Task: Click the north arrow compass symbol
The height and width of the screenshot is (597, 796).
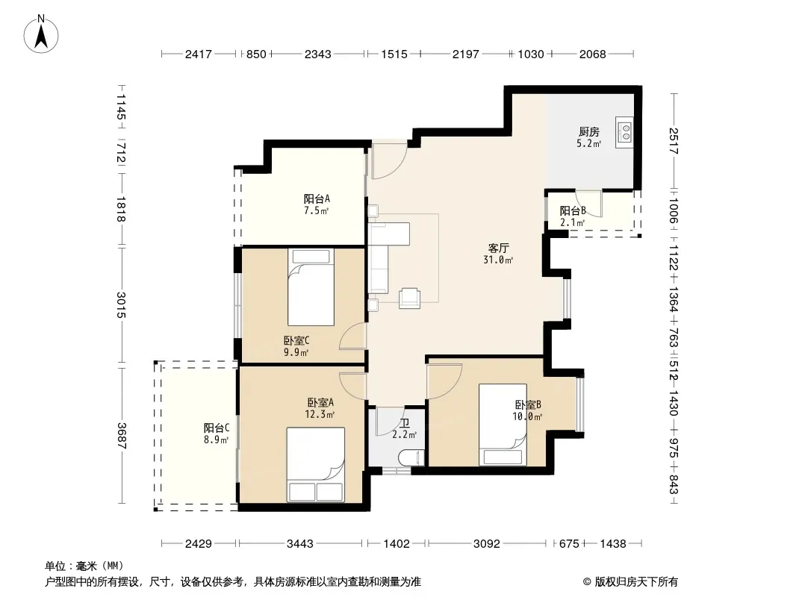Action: point(41,34)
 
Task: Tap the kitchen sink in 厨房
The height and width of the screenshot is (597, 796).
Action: point(624,132)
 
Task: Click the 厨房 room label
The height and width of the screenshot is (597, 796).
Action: point(589,132)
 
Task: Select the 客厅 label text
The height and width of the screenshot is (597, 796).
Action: point(498,248)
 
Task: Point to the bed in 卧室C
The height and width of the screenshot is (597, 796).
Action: point(311,287)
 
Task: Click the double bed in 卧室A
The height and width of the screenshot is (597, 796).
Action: point(315,465)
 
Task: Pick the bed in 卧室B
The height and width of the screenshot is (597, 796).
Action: point(503,425)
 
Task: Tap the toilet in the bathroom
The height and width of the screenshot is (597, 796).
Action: point(411,458)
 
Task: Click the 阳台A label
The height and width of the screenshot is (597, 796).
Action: point(317,199)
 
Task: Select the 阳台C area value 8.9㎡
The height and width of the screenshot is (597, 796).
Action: point(217,440)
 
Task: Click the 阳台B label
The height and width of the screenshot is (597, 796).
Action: point(573,210)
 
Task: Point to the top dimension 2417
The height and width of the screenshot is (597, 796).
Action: point(198,54)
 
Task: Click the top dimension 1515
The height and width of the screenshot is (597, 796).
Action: point(394,54)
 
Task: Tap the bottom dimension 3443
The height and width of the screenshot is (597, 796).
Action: point(300,544)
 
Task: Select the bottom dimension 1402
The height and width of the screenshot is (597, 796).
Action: point(397,544)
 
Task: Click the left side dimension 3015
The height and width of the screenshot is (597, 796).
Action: point(121,304)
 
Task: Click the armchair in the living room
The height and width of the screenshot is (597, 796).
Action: point(409,298)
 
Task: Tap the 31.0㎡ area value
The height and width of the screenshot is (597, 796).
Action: point(498,260)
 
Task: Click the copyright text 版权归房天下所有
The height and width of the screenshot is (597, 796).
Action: point(636,582)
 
